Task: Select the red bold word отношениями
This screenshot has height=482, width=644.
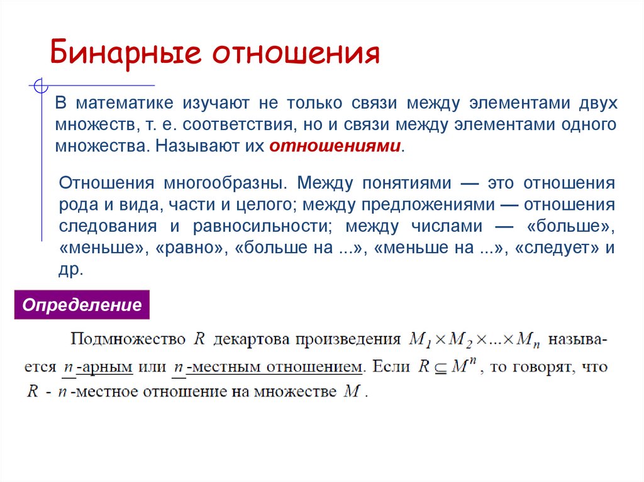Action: pyautogui.click(x=335, y=146)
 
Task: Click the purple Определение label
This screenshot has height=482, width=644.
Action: pyautogui.click(x=82, y=305)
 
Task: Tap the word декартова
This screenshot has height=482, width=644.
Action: pyautogui.click(x=245, y=339)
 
